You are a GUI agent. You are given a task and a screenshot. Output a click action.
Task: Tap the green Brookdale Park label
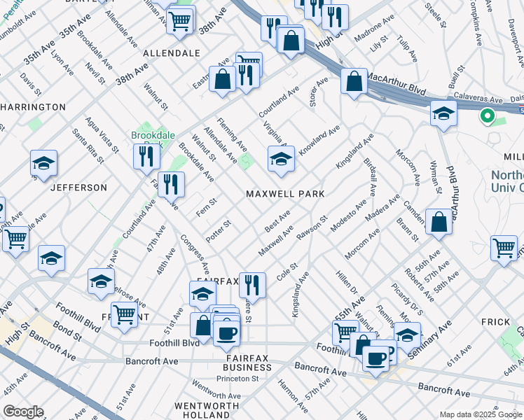[148, 135]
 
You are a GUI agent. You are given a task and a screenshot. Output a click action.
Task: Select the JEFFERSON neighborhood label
[78, 188]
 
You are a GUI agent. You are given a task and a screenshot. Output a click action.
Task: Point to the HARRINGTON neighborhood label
[33, 107]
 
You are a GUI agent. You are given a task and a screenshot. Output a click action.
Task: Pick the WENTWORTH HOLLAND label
[203, 410]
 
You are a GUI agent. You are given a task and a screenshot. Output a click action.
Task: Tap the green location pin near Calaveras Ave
[485, 116]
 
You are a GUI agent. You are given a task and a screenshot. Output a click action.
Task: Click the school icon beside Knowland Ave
[281, 159]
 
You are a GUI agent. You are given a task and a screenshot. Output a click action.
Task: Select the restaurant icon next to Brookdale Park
[146, 156]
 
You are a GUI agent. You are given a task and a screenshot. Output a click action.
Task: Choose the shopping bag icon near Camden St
[439, 223]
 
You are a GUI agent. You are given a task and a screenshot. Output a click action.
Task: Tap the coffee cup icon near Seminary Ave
[375, 359]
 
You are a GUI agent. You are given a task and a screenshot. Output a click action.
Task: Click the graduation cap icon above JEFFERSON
[44, 164]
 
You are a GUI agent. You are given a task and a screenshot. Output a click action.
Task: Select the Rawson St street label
[312, 228]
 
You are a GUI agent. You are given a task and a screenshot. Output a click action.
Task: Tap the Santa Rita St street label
[88, 144]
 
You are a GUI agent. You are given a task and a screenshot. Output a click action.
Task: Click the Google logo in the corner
[22, 412]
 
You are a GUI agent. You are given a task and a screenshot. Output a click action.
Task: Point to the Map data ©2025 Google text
[480, 414]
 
